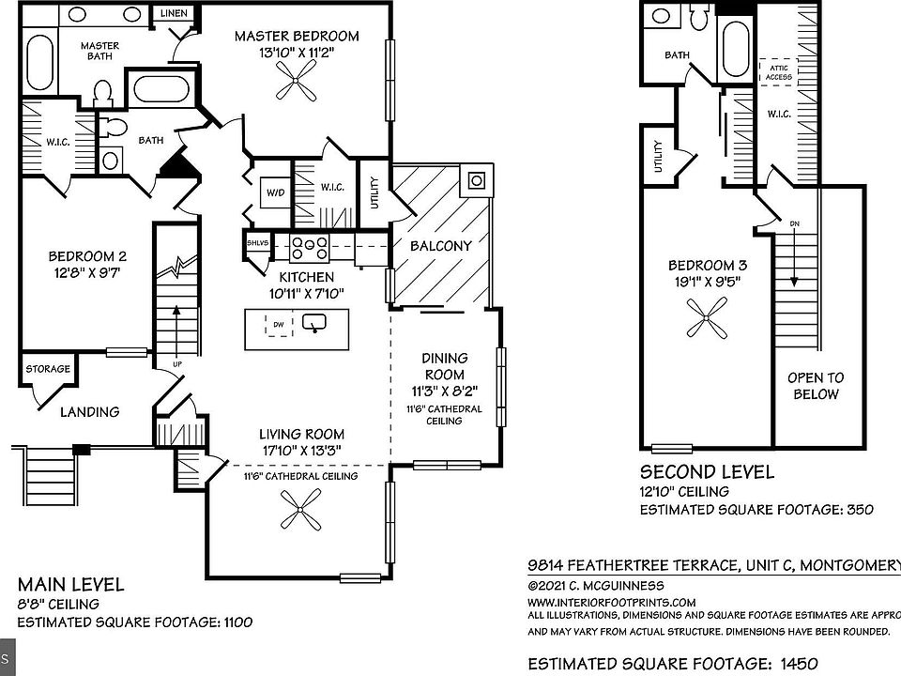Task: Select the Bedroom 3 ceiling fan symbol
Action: (x=705, y=317)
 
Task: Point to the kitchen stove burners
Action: (x=309, y=248)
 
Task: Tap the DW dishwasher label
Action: (x=277, y=325)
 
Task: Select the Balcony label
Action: (x=440, y=245)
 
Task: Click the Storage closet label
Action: (x=48, y=369)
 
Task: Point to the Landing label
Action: (x=90, y=411)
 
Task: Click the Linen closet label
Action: (x=174, y=13)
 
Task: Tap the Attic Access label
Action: (x=777, y=72)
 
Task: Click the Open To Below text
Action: (x=815, y=386)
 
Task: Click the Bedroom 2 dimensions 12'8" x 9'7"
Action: (x=87, y=272)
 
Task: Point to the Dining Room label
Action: (x=445, y=366)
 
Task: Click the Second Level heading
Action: (x=707, y=471)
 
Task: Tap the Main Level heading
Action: (x=71, y=585)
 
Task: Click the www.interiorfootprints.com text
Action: (x=611, y=602)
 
